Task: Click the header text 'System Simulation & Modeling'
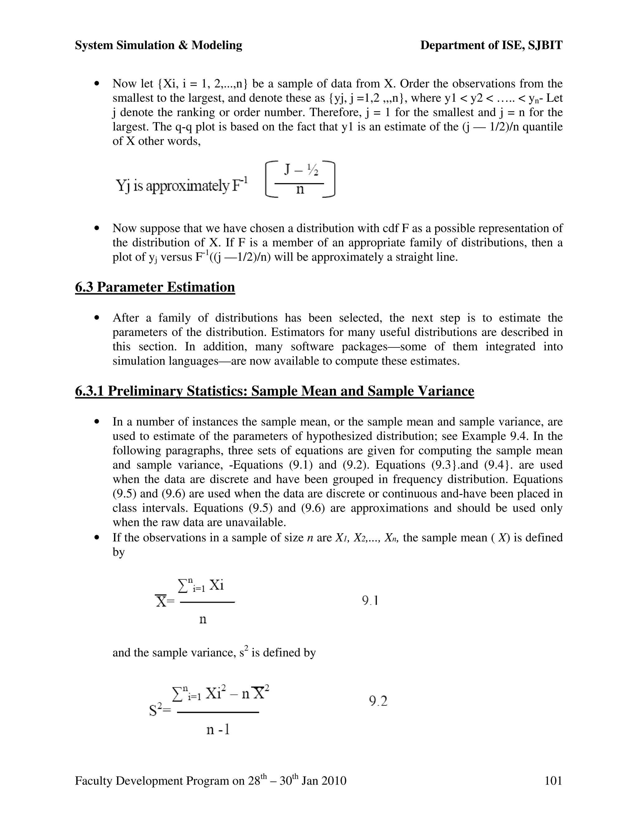tap(158, 45)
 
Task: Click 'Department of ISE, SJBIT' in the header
tap(491, 45)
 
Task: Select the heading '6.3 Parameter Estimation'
tap(155, 287)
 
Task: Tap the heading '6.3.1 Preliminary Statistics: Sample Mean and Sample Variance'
tap(274, 391)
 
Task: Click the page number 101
tap(553, 780)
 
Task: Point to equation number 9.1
tap(370, 600)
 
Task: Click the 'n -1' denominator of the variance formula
tap(218, 729)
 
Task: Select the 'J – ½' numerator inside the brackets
tap(301, 171)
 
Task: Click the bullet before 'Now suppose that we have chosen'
tap(98, 229)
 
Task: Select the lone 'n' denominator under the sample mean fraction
tap(203, 619)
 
